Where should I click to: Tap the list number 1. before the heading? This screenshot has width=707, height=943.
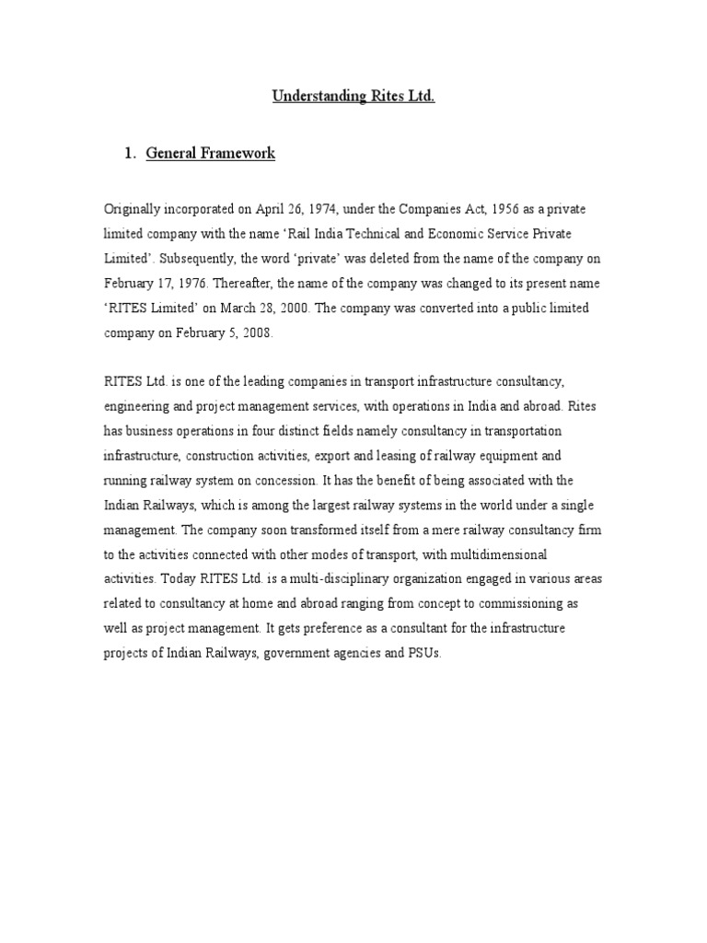pyautogui.click(x=130, y=154)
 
